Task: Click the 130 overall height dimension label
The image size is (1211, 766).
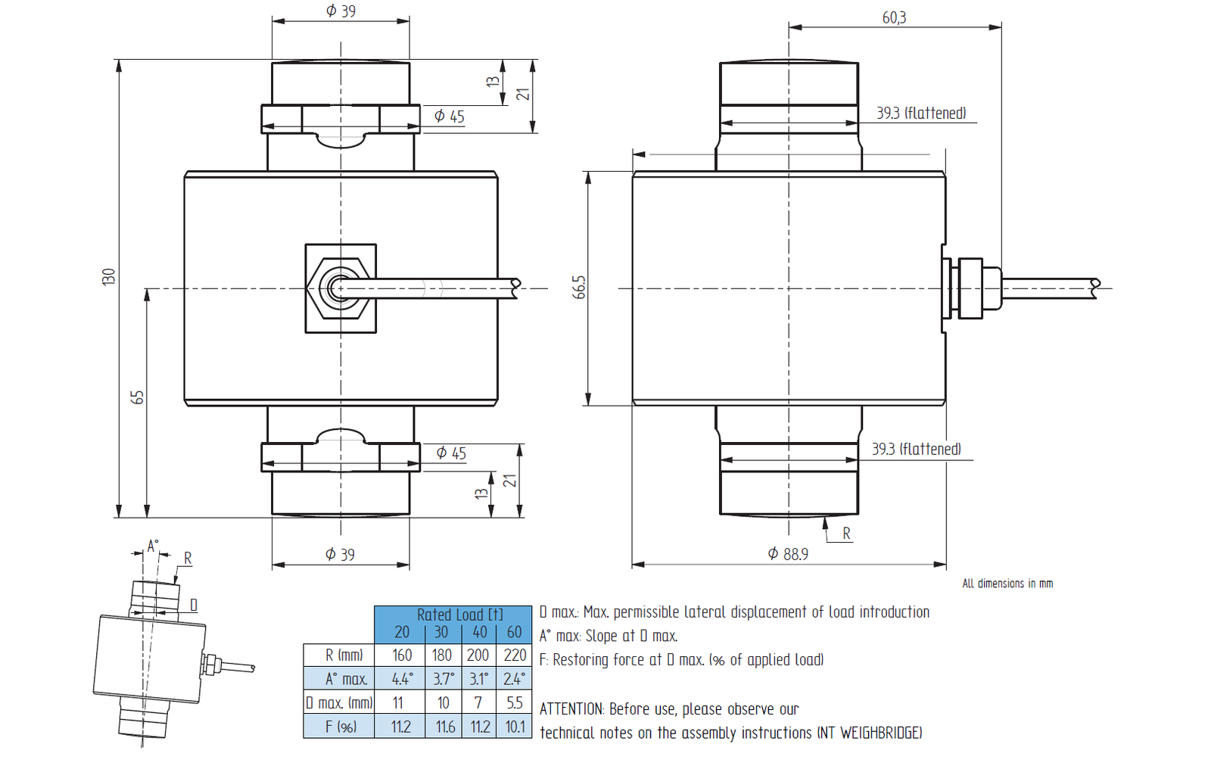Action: (x=109, y=276)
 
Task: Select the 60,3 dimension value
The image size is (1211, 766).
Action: (x=894, y=17)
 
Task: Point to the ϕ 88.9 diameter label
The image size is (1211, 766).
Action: (x=788, y=554)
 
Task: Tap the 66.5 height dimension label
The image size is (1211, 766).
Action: (x=579, y=287)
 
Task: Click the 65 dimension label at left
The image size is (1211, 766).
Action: (x=137, y=397)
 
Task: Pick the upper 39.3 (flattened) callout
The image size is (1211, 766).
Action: (x=921, y=113)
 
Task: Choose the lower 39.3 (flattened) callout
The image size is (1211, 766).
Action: (x=916, y=449)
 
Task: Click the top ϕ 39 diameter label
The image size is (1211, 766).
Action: (x=341, y=11)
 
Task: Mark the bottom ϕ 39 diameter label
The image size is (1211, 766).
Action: (x=340, y=555)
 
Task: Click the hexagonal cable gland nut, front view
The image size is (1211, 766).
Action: (x=340, y=288)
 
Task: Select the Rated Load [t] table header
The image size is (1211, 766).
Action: (x=459, y=614)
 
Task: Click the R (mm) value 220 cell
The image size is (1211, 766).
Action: (x=515, y=655)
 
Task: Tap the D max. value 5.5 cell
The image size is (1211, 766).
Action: (x=515, y=703)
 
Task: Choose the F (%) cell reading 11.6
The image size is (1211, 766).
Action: (x=445, y=727)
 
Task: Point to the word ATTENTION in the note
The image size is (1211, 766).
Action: (x=572, y=709)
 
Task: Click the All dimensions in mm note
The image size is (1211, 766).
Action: (x=1007, y=584)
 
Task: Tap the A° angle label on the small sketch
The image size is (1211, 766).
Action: (x=152, y=546)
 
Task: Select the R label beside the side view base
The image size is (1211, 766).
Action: (x=846, y=534)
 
